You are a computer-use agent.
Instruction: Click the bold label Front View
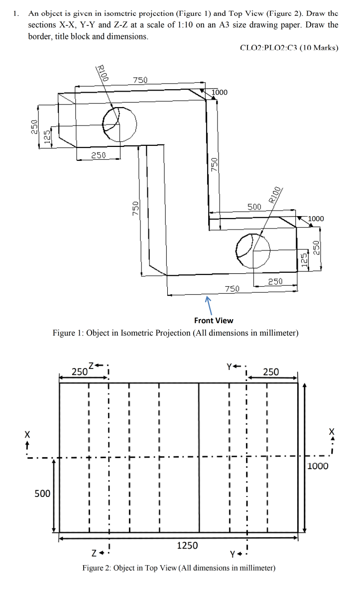pos(214,320)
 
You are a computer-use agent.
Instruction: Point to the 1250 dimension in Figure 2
pos(187,545)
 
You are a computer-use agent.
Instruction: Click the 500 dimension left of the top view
pos(42,493)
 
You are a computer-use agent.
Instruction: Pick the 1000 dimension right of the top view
pos(317,466)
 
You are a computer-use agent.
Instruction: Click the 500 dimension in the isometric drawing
pos(254,206)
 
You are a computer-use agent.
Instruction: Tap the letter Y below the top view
pos(233,555)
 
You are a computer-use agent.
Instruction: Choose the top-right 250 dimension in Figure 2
pos(271,371)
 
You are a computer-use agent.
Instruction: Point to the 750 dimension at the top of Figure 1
pos(140,80)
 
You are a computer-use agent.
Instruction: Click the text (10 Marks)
pos(319,48)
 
